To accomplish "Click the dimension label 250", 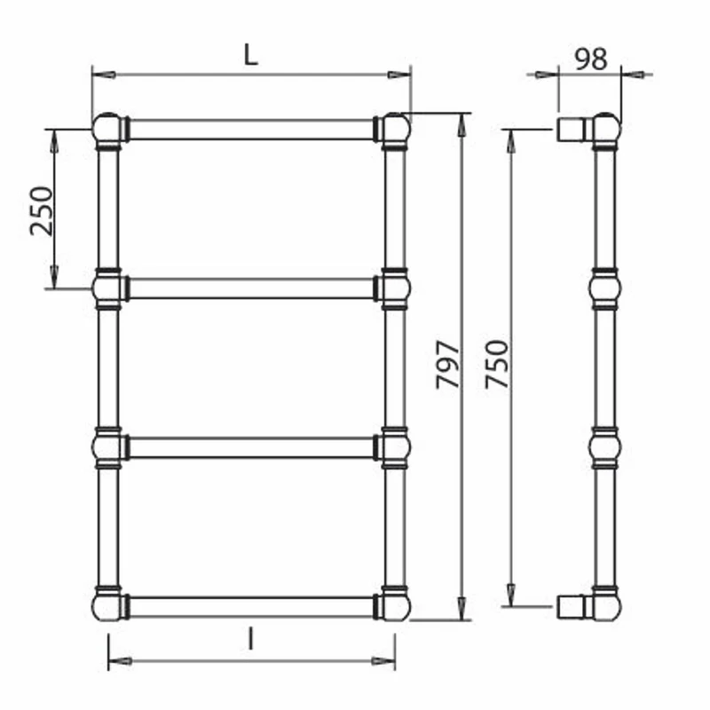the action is click(x=42, y=210).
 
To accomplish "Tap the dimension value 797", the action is click(x=447, y=365).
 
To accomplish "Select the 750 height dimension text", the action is click(x=497, y=365).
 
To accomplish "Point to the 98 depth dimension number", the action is click(x=591, y=59).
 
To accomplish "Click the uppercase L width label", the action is click(x=251, y=56).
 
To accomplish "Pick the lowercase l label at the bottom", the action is click(x=250, y=640).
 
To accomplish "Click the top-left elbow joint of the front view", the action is click(x=107, y=129).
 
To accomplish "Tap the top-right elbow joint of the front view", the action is click(x=395, y=129).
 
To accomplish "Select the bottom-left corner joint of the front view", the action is click(x=107, y=605).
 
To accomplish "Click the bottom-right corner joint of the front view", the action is click(x=395, y=605).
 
